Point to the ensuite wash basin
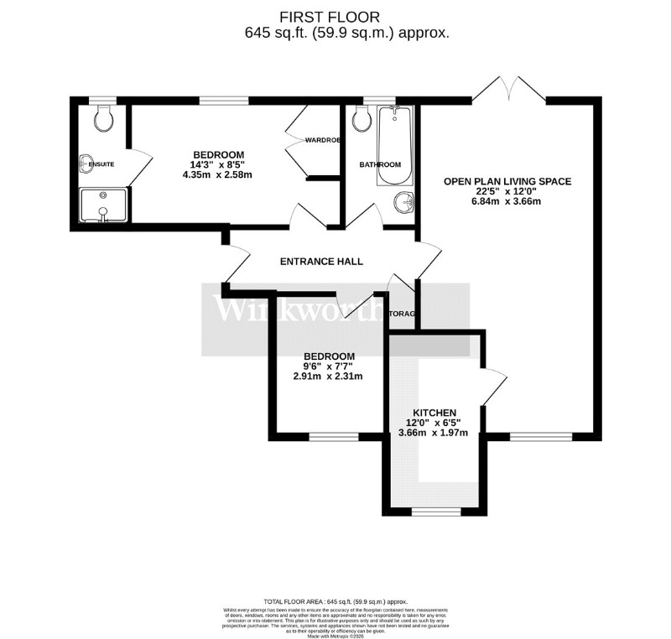[86, 164]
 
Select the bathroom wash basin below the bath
[404, 202]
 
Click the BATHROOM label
[380, 164]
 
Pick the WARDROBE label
[322, 140]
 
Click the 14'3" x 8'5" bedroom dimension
[218, 164]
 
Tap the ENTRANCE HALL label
[321, 262]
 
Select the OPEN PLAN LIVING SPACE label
[508, 180]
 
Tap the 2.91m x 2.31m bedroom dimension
[327, 377]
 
